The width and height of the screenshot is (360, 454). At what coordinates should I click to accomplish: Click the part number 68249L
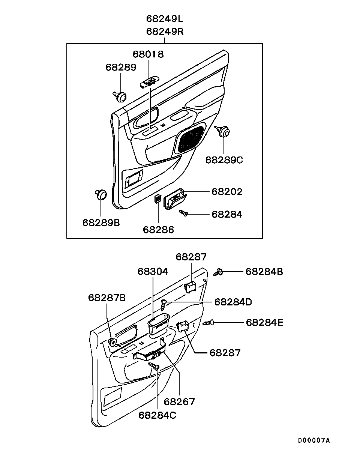[165, 19]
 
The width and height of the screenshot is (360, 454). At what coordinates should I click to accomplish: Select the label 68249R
[165, 32]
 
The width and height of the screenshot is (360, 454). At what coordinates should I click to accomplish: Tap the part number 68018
[148, 54]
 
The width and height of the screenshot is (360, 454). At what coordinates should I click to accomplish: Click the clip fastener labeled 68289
[120, 96]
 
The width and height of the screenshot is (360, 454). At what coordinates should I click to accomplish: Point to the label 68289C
[224, 160]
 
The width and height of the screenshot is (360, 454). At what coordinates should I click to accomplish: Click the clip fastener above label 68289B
[100, 194]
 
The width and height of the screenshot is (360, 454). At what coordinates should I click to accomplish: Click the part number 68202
[227, 192]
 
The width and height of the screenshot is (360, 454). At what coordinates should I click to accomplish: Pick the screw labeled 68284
[183, 213]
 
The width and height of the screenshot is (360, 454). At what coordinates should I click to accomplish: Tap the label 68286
[158, 230]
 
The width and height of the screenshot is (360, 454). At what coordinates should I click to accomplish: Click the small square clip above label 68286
[158, 198]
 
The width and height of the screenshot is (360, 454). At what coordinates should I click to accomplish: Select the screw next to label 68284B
[218, 272]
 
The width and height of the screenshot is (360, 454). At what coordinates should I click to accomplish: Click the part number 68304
[153, 272]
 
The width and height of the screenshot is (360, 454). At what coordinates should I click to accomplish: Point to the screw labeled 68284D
[163, 305]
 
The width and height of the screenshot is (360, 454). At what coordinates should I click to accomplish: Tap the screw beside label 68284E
[208, 323]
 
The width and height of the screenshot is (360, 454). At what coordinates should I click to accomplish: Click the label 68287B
[107, 298]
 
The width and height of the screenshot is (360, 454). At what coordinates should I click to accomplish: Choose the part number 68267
[179, 402]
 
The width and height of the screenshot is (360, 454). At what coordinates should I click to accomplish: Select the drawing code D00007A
[314, 440]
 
